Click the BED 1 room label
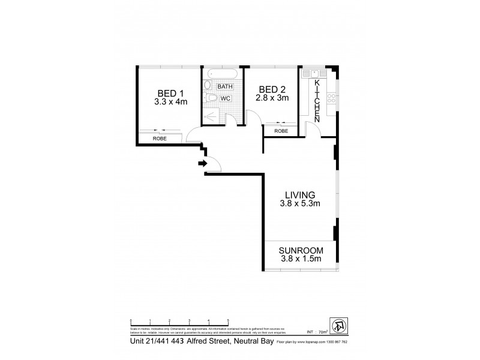click(170, 93)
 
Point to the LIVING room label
click(301, 194)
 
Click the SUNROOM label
click(302, 250)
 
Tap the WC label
click(225, 98)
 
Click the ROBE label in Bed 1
click(159, 139)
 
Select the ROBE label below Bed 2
click(281, 131)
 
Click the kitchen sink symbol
click(314, 75)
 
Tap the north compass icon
click(339, 325)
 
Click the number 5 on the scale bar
click(228, 321)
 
